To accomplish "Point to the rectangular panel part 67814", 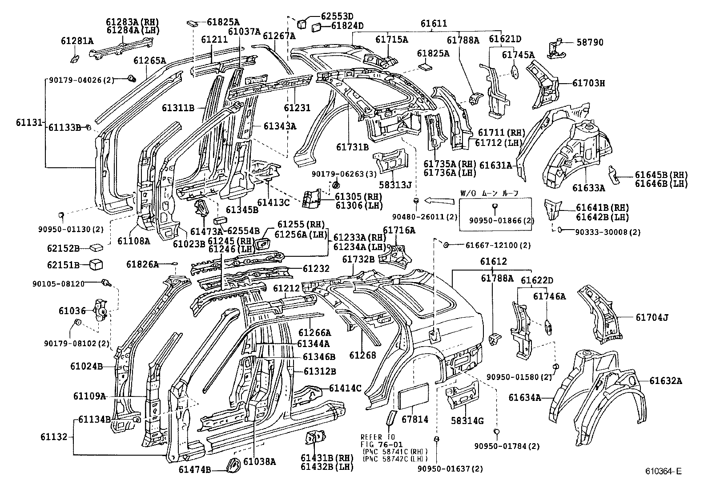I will coord(414,396).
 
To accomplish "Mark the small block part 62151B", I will coord(97,265).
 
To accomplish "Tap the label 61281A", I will coord(77,41).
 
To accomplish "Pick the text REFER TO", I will coord(378,437).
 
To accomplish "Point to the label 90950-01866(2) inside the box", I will coord(495,221).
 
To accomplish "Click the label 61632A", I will coord(665,381).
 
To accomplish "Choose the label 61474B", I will coord(195,469).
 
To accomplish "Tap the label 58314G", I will coord(467,420).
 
